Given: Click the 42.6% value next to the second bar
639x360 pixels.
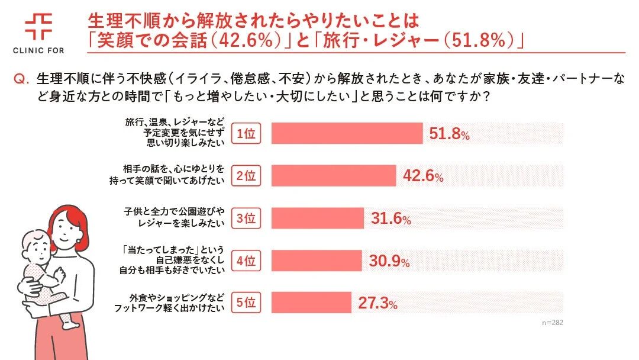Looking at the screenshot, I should pyautogui.click(x=422, y=176).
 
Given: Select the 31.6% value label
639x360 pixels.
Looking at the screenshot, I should pyautogui.click(x=390, y=218).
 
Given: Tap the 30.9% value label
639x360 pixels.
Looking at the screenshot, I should pyautogui.click(x=389, y=261).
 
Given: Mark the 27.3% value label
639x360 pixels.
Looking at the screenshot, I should pyautogui.click(x=377, y=304).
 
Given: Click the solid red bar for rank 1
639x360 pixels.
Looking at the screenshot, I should pyautogui.click(x=347, y=134).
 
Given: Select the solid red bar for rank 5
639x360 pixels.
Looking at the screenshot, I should pyautogui.click(x=311, y=303).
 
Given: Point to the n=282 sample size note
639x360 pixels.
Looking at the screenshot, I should pyautogui.click(x=553, y=323).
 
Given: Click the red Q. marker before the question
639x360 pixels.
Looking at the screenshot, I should pyautogui.click(x=22, y=79).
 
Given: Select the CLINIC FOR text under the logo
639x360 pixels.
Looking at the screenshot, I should pyautogui.click(x=38, y=50).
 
